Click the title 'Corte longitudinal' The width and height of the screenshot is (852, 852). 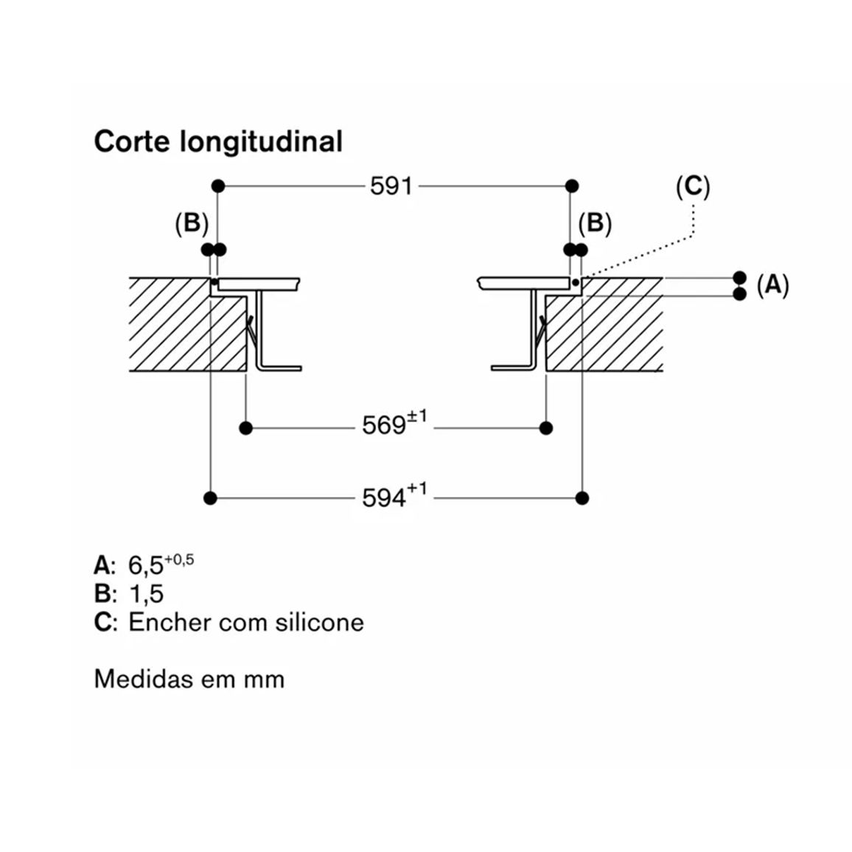(x=218, y=142)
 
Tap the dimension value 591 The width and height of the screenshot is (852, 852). (x=391, y=186)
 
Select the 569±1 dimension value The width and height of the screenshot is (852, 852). (x=394, y=424)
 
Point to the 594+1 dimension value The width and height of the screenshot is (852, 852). (x=394, y=495)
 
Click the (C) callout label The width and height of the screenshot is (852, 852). (x=693, y=186)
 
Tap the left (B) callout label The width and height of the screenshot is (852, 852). (x=192, y=223)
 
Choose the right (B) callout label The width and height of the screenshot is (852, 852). (x=595, y=223)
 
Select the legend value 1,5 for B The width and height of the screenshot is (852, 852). (x=146, y=593)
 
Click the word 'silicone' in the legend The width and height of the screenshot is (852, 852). (x=319, y=622)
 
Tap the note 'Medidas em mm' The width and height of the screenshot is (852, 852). (x=189, y=680)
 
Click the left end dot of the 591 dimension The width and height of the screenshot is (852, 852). (x=218, y=186)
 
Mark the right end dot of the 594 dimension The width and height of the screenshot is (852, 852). (x=582, y=497)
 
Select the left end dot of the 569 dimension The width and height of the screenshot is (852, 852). (x=245, y=428)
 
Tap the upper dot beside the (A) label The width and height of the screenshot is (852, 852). (x=739, y=278)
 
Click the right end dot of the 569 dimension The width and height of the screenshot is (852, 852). (x=546, y=428)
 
